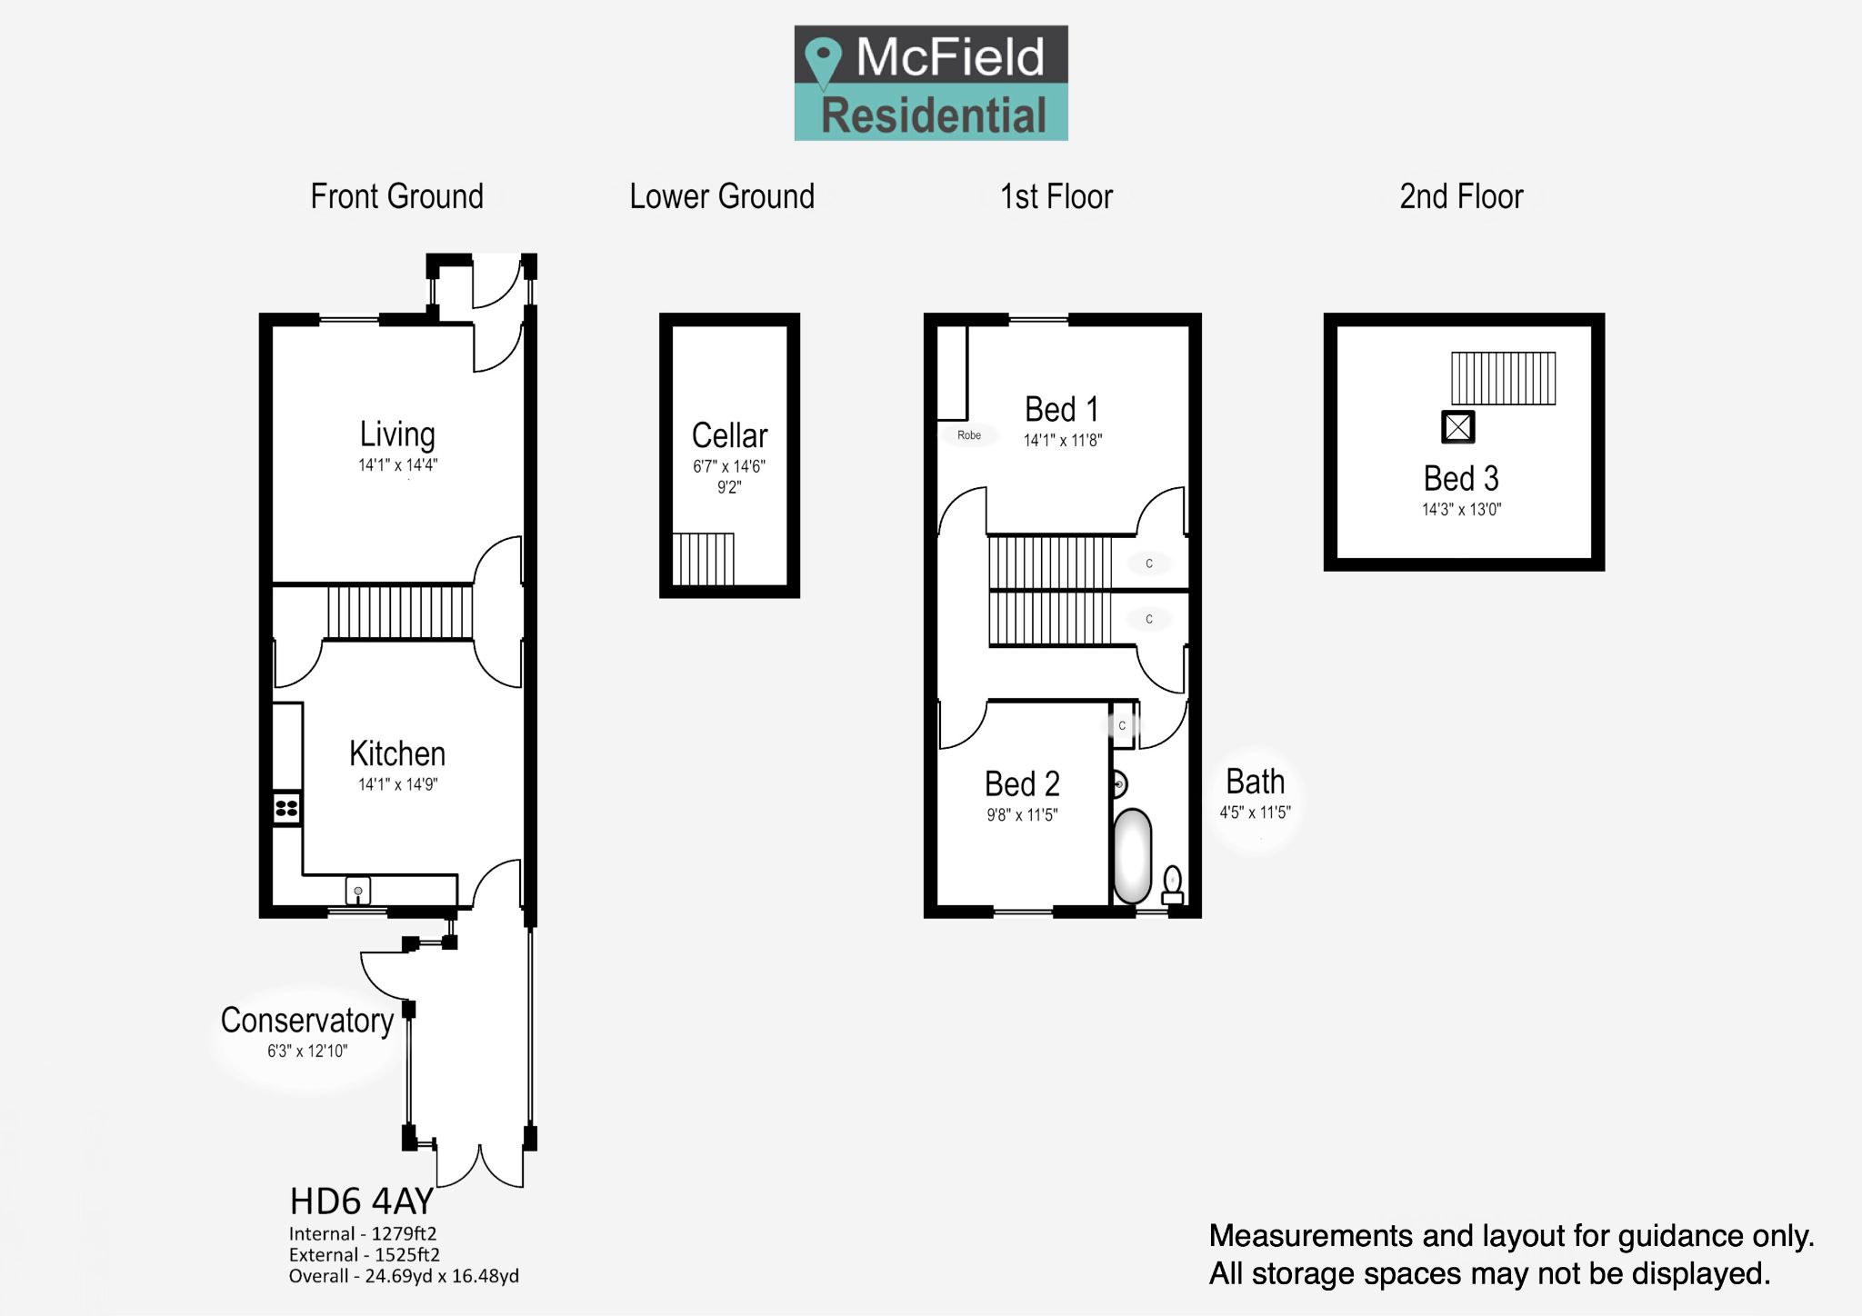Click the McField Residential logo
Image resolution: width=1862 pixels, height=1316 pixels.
[x=931, y=83]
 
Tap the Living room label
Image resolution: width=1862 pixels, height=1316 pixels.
[x=397, y=434]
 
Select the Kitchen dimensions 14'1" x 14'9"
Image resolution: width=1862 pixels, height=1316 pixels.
[x=397, y=784]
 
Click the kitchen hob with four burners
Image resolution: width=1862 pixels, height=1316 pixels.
[x=286, y=808]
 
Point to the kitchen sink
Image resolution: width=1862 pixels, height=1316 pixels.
[x=358, y=890]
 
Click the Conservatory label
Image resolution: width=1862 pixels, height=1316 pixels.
[x=307, y=1021]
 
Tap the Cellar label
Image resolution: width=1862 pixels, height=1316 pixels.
[x=729, y=435]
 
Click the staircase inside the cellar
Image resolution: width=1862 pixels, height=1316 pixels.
[x=703, y=559]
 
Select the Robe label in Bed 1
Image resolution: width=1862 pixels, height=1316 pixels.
[x=969, y=435]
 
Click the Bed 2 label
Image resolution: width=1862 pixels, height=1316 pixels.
[x=1022, y=783]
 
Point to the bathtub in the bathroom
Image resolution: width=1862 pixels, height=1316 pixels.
[x=1132, y=855]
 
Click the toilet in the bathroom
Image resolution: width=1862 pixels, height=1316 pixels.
[x=1173, y=885]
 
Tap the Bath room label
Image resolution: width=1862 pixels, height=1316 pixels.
[x=1255, y=782]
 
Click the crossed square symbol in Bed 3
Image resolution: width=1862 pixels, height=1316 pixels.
[x=1458, y=427]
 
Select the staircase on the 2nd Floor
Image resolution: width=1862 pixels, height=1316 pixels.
[x=1503, y=378]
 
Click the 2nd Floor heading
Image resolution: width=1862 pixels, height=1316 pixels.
[x=1461, y=196]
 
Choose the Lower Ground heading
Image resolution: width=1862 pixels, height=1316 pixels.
[x=722, y=196]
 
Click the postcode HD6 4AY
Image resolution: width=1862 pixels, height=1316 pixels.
[x=361, y=1201]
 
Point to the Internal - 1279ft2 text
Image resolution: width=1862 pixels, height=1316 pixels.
[x=363, y=1233]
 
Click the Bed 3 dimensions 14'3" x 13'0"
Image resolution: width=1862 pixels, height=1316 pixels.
[x=1461, y=510]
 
